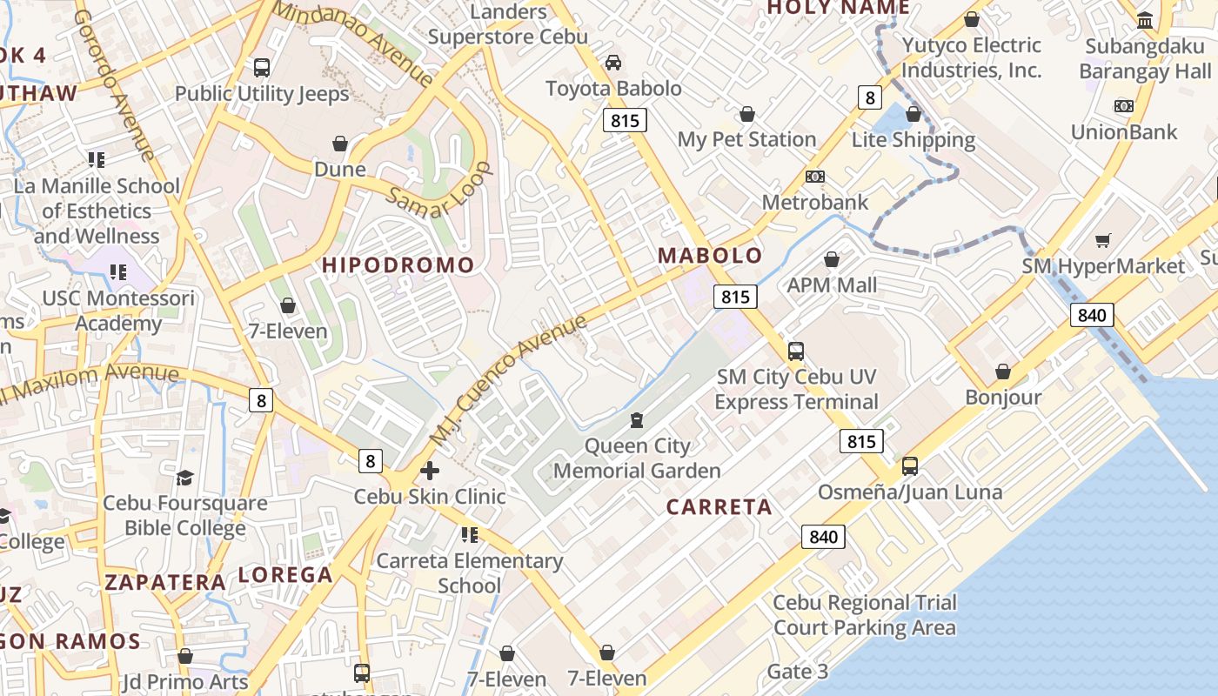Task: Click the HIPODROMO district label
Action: (x=398, y=265)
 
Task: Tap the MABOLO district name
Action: (x=710, y=256)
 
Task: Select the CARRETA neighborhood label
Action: (x=719, y=507)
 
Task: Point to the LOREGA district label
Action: (x=285, y=575)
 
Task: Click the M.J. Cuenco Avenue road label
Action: (x=508, y=383)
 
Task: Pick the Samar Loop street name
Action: (x=438, y=190)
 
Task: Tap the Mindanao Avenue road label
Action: (x=353, y=43)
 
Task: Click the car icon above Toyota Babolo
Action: (x=613, y=63)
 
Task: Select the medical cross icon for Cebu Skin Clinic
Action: (x=430, y=471)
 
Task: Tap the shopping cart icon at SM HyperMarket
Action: (x=1103, y=240)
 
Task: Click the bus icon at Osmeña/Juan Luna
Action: (x=909, y=466)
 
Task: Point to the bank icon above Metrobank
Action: (x=814, y=177)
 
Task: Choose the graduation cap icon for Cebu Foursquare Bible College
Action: (x=184, y=478)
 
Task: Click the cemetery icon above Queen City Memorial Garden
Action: (x=637, y=421)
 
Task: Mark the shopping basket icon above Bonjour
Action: (x=1003, y=371)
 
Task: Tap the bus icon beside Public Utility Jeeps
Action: (x=261, y=67)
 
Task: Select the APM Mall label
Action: (x=832, y=285)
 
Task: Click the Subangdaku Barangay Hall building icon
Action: (x=1145, y=19)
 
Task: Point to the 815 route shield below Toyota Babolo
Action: (x=625, y=120)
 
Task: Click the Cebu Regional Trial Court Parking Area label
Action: (x=864, y=615)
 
